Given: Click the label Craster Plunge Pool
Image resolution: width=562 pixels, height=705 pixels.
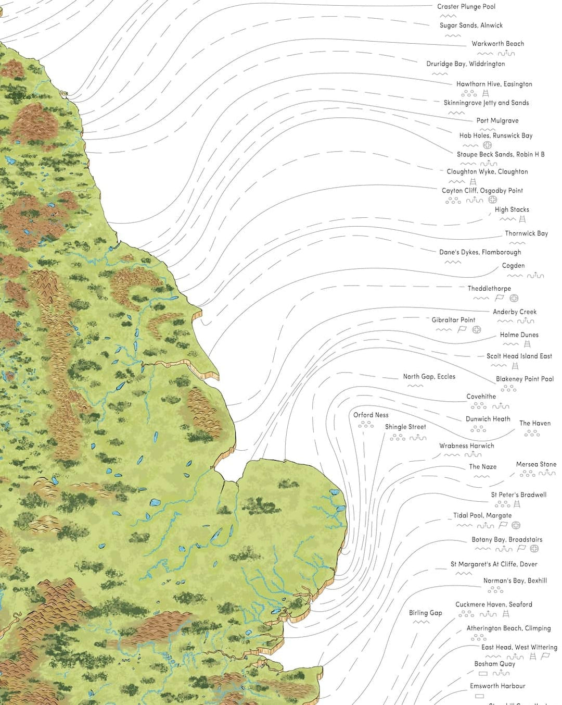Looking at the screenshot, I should pos(466,7).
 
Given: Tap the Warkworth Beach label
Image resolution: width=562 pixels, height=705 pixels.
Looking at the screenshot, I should pos(497,44).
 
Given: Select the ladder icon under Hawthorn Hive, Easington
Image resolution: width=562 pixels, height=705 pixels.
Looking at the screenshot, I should pos(486,93).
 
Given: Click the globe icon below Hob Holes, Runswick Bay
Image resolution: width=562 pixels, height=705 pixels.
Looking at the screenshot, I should pos(487,145).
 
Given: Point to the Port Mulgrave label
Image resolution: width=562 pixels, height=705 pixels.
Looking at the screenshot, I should pos(497,121).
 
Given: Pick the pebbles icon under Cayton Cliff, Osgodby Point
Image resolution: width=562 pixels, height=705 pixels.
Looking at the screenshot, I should pos(453,200).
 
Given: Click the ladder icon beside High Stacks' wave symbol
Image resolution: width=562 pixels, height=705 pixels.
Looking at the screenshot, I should pos(522,219).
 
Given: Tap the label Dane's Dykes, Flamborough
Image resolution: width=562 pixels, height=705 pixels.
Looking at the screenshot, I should pos(480,252).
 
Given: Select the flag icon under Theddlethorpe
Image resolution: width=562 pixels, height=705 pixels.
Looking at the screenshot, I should pos(499,298).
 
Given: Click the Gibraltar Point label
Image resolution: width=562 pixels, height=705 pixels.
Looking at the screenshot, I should pos(453,320).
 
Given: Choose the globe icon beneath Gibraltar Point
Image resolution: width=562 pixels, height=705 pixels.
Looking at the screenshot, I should pos(477,330).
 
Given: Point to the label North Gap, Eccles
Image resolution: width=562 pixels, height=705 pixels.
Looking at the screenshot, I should pos(429,377).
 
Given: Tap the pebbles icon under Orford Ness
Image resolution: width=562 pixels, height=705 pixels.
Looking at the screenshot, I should pos(366,425).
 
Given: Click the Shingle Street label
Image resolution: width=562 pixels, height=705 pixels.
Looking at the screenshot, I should pos(405,427).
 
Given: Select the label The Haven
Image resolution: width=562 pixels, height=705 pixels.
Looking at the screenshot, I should pos(534,424).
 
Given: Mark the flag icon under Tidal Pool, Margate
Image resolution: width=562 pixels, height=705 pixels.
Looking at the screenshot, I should pos(503,525).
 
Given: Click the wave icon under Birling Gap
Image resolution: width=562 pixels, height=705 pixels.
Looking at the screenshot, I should pos(421,622).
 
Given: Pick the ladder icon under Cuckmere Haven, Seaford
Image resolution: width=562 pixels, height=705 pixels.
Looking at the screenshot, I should pos(506,614).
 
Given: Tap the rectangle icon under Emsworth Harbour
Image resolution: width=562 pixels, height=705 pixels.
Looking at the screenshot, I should pos(479,696).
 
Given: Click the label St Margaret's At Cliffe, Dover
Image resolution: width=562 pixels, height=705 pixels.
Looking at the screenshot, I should pos(493,564).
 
